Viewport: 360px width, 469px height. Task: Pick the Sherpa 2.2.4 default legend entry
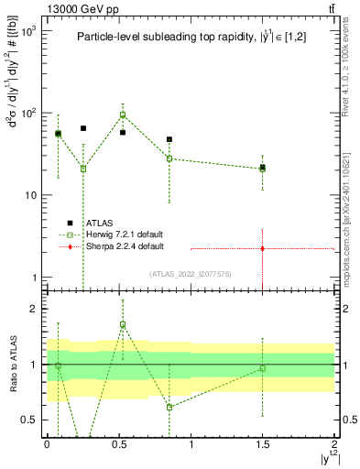click(113, 246)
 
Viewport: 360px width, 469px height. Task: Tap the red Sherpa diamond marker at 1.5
click(263, 248)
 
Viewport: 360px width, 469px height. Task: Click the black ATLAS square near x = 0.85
click(169, 140)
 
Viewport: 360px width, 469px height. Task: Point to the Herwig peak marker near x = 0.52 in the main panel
click(123, 115)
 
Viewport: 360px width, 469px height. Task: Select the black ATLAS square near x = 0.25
click(83, 128)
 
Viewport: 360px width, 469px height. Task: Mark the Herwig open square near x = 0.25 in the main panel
click(83, 169)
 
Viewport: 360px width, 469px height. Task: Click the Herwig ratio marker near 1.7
click(123, 324)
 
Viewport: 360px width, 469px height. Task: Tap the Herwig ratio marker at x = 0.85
click(169, 407)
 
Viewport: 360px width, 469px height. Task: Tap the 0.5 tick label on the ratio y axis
click(33, 420)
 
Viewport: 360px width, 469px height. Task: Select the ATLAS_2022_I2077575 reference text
click(191, 273)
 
